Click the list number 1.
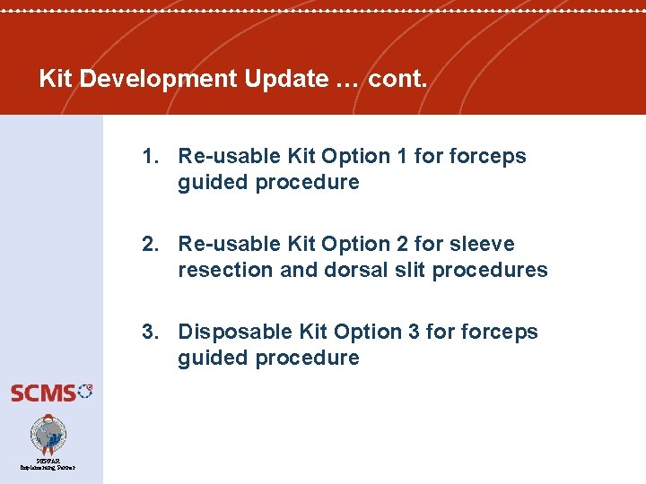150,156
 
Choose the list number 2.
150,244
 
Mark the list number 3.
150,332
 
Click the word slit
406,270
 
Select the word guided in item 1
214,182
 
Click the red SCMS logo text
43,393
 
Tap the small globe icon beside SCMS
85,390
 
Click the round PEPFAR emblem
48,435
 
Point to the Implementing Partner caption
48,467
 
